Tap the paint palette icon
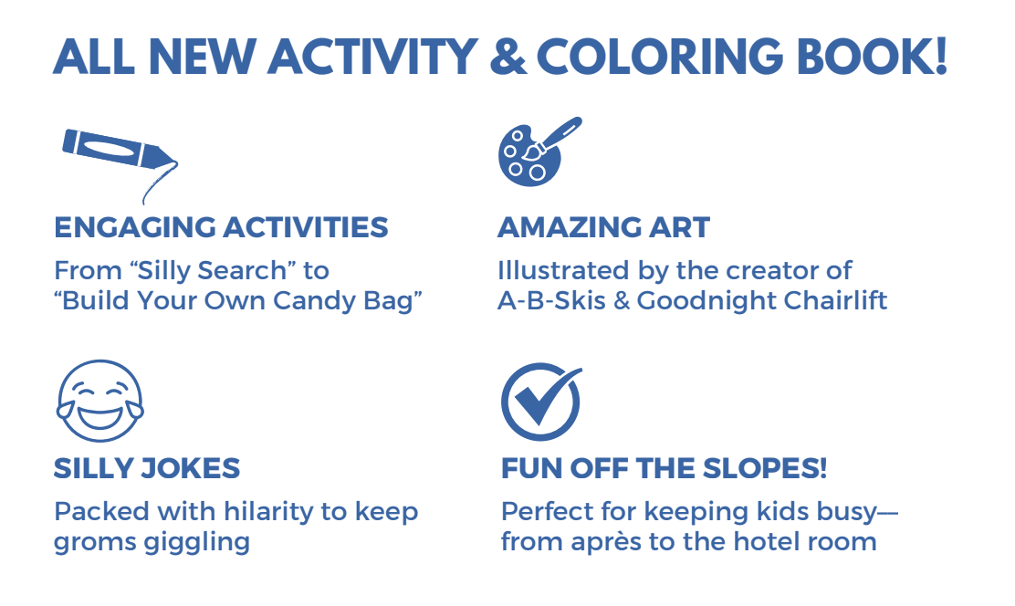coord(537,151)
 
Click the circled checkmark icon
coord(540,402)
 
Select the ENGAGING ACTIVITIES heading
coord(221,227)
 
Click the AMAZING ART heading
coord(603,227)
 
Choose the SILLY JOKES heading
coord(147,469)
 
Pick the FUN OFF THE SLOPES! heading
coord(664,469)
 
